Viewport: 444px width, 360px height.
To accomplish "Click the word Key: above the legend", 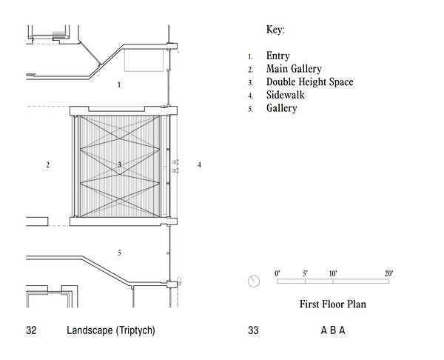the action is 275,30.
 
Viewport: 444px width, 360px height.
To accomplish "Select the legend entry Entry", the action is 277,56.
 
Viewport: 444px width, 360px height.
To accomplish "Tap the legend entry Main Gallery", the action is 294,69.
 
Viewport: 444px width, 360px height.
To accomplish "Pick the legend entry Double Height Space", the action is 309,82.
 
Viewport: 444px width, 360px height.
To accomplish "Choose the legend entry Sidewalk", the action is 285,95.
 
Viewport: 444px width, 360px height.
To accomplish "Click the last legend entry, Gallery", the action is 281,108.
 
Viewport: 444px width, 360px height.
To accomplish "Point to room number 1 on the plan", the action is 119,84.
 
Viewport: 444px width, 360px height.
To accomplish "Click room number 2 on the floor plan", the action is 47,164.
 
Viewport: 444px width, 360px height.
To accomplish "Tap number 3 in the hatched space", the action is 119,164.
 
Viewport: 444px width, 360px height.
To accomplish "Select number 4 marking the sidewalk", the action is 199,164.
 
